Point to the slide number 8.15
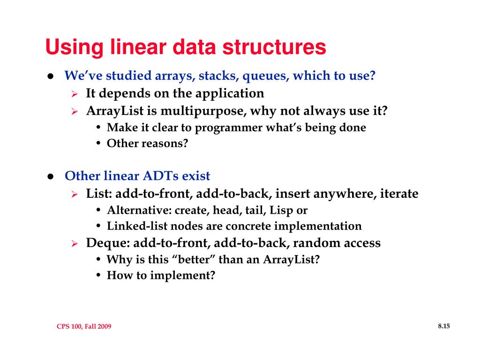coord(443,326)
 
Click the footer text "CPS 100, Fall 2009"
coord(84,327)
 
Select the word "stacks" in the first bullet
coord(204,75)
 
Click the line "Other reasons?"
coord(147,143)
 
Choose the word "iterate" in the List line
coord(398,194)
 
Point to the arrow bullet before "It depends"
coord(74,94)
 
